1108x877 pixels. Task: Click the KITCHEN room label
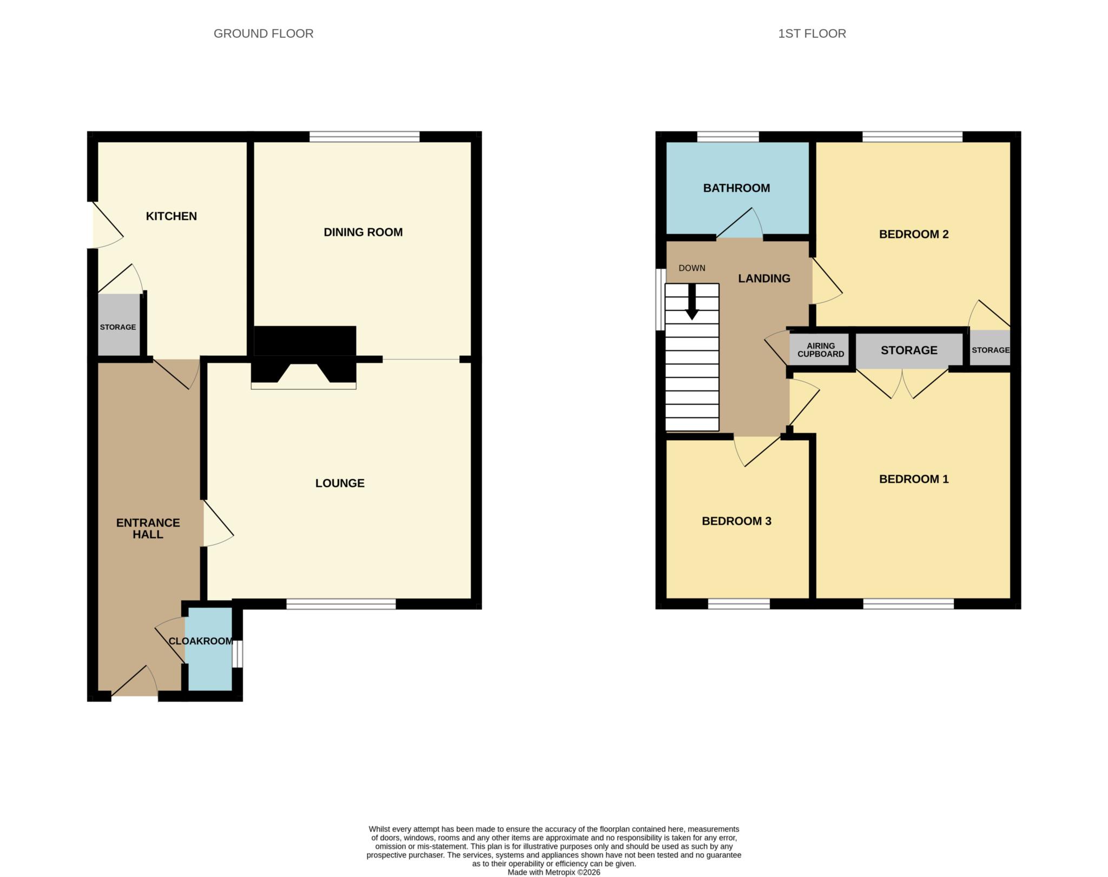tap(171, 216)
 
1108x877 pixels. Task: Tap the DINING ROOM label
tap(363, 232)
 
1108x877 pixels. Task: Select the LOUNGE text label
tap(340, 483)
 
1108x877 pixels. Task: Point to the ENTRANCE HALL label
tap(148, 528)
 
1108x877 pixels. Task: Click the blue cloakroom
tap(209, 649)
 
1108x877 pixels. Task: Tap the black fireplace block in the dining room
tap(305, 341)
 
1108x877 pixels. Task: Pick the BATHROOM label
tap(736, 188)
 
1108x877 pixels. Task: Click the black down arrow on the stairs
tap(692, 302)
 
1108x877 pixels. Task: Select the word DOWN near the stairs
tap(692, 268)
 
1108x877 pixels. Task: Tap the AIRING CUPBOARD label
tap(821, 350)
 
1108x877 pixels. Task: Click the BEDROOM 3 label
tap(736, 521)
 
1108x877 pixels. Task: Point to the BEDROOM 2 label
tap(914, 235)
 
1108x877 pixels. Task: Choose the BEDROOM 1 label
tap(914, 479)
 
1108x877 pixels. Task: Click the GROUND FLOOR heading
tap(263, 34)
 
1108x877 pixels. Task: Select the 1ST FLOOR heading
tap(812, 34)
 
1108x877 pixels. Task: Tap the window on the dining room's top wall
tap(365, 136)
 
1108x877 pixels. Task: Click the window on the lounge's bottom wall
tap(341, 604)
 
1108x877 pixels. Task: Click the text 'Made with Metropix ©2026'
tap(554, 872)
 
